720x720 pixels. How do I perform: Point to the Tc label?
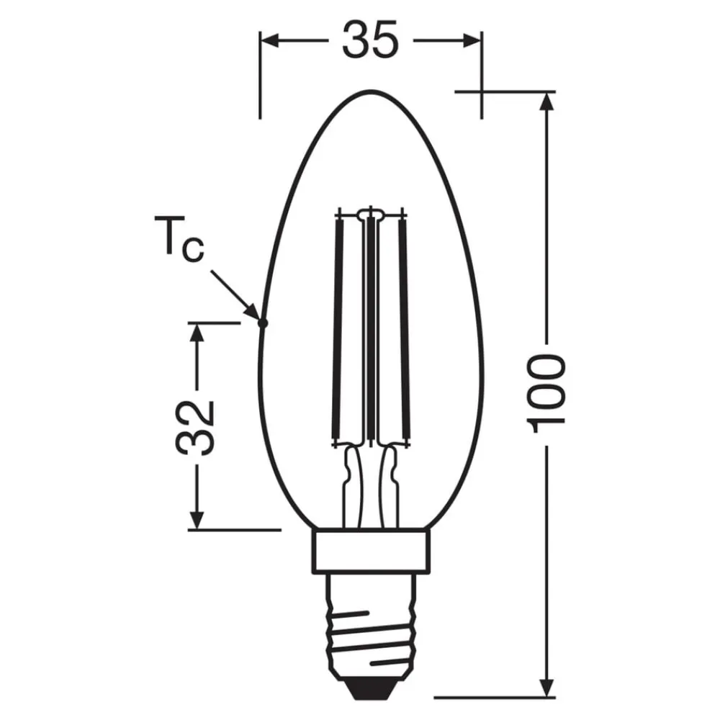tap(179, 241)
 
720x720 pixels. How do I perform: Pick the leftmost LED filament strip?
tap(338, 328)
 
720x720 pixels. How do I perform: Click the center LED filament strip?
tap(370, 328)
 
